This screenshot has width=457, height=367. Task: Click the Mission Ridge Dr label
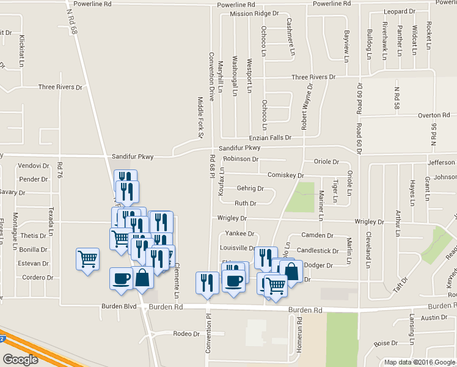pos(254,13)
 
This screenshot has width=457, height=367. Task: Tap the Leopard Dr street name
pos(399,12)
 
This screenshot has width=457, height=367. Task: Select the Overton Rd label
pos(434,114)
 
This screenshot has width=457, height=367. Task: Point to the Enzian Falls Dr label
pos(264,138)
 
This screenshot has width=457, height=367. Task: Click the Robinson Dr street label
pos(241,159)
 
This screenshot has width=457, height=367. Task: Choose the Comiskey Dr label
pos(285,175)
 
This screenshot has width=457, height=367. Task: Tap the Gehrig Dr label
pos(250,188)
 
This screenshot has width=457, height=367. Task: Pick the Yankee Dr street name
pos(239,234)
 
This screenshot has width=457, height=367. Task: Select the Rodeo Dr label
pos(187,333)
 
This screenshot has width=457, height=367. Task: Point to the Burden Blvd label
pos(120,306)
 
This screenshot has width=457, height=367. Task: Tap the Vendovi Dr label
pos(33,166)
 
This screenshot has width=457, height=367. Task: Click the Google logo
pos(20,360)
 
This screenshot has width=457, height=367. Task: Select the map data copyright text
pos(420,362)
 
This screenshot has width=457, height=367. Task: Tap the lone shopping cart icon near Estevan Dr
pos(87,259)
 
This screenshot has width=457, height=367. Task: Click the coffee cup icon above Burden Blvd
pos(121,278)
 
